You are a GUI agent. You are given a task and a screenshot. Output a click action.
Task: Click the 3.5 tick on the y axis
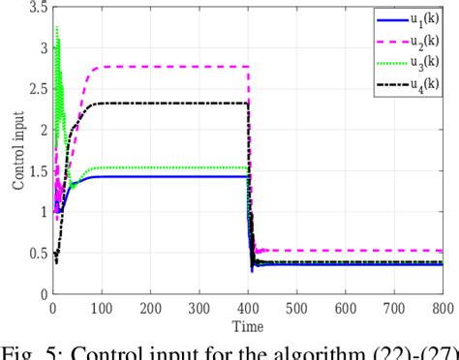(37, 7)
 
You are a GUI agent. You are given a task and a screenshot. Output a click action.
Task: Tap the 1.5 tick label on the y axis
(37, 170)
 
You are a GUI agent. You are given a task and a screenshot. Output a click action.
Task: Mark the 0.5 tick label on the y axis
(37, 253)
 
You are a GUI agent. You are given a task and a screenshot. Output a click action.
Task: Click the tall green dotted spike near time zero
(58, 39)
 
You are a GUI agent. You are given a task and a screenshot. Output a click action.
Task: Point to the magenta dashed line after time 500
(368, 251)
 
